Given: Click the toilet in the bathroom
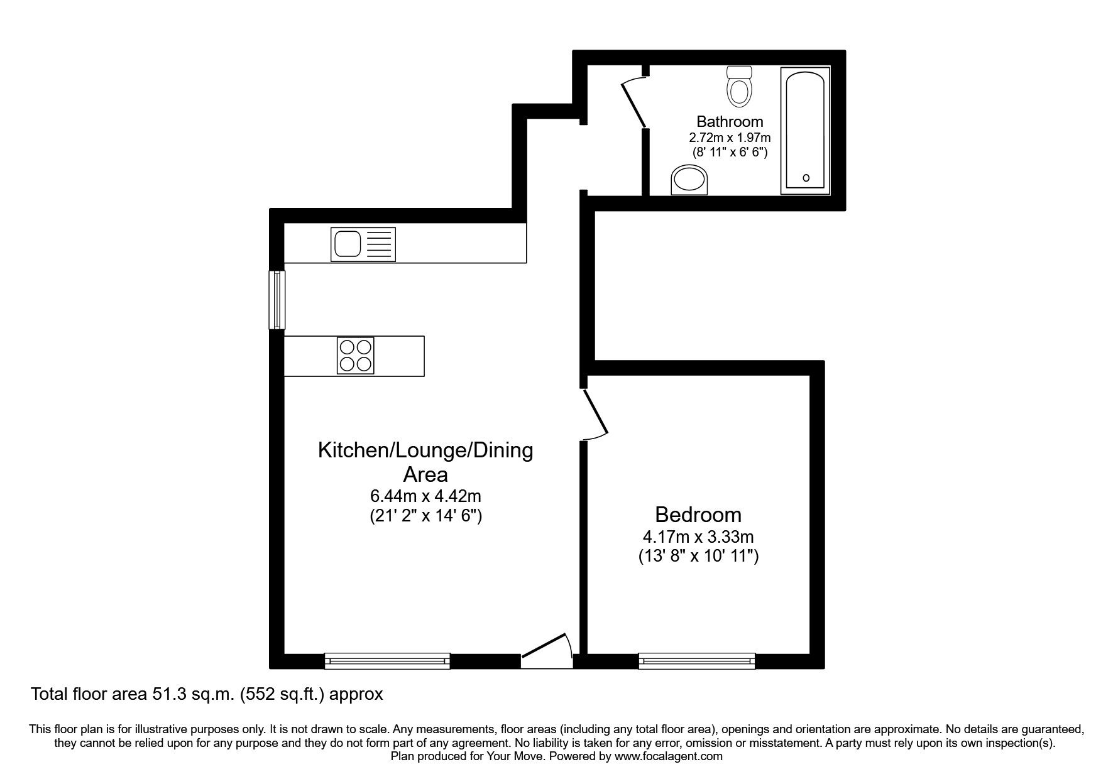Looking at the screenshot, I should (739, 87).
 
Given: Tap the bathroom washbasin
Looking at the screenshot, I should (689, 180).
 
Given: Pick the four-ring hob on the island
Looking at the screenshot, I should (355, 356).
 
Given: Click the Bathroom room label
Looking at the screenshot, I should (729, 121).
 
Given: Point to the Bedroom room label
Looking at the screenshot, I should (698, 515).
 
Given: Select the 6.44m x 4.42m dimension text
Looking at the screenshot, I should (425, 496).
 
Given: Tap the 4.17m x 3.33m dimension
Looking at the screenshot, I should (698, 537).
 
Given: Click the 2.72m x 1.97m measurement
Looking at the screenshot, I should (730, 137).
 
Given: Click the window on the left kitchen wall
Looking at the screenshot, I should (277, 300).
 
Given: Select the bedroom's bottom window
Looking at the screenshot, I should (696, 660).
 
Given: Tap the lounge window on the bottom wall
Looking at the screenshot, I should (387, 660).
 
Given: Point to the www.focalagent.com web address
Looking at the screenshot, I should (668, 756).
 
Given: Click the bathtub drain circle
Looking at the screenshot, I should (806, 178).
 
